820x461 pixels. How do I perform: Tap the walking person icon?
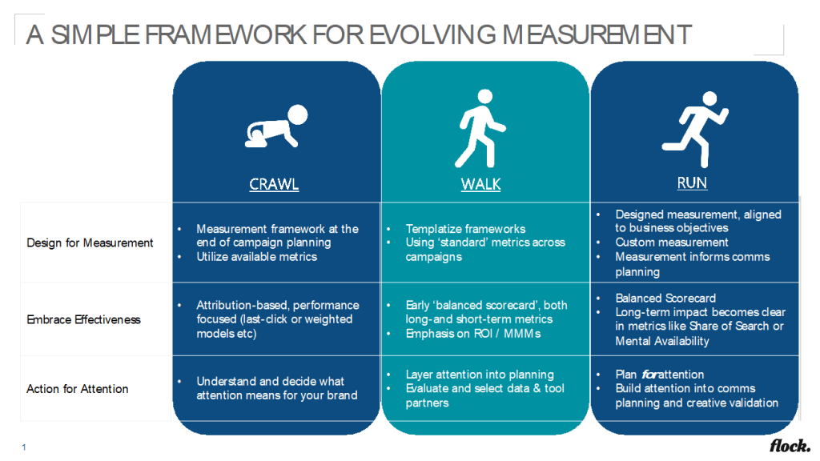[x=480, y=128]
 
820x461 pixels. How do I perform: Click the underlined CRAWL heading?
[x=274, y=184]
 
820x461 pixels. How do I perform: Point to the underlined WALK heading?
[x=480, y=184]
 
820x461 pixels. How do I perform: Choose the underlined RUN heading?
[x=692, y=183]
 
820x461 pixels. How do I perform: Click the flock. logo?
[x=790, y=445]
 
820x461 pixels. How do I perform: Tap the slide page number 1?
[x=24, y=447]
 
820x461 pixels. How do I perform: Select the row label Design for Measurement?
[x=90, y=243]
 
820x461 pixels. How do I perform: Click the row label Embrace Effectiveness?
[x=83, y=319]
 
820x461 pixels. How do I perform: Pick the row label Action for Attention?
[x=78, y=389]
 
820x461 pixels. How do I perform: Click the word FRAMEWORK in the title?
[x=225, y=35]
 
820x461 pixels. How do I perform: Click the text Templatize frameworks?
[x=465, y=229]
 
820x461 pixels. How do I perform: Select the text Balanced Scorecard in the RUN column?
[x=665, y=298]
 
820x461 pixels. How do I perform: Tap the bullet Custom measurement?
[x=672, y=243]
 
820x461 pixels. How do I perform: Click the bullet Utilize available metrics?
[x=257, y=257]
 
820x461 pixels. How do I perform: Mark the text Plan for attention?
[x=660, y=375]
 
